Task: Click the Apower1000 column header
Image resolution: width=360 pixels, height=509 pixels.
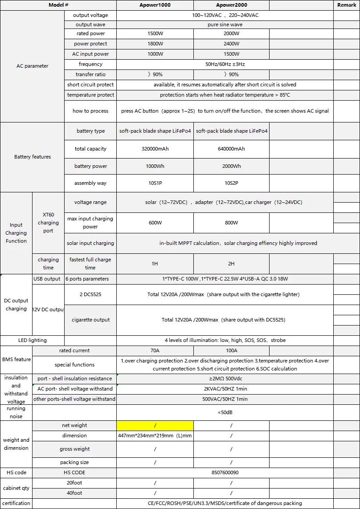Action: (x=155, y=5)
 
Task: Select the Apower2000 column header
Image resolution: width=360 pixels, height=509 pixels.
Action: (x=231, y=5)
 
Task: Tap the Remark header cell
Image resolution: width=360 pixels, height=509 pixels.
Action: (x=347, y=5)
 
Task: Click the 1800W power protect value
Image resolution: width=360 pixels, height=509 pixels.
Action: (x=155, y=44)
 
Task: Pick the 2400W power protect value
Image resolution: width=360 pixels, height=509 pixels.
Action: (x=231, y=44)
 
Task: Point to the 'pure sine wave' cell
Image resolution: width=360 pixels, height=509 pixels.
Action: (x=225, y=25)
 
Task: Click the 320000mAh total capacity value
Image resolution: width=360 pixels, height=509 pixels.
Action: (x=155, y=149)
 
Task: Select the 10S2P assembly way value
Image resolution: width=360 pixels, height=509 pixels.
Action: (x=231, y=183)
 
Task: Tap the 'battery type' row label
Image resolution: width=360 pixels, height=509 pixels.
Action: (x=90, y=131)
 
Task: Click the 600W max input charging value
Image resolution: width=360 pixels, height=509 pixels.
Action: (x=155, y=223)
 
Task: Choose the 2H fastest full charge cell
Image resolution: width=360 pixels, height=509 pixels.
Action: (x=231, y=264)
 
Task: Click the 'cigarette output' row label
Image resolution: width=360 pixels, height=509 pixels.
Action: (x=90, y=320)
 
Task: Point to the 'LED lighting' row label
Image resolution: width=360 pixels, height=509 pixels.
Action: (x=32, y=340)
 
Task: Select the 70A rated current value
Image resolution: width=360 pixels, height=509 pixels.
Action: (x=155, y=350)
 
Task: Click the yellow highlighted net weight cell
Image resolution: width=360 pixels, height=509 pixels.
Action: (x=155, y=426)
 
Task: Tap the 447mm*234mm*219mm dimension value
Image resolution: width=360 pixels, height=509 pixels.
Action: (x=155, y=436)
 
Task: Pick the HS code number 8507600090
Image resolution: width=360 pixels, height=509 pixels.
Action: (x=225, y=472)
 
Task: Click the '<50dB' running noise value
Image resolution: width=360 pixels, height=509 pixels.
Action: (x=225, y=412)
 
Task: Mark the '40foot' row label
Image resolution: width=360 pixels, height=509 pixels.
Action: (x=74, y=493)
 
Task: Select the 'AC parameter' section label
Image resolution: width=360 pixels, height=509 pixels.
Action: (x=32, y=66)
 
